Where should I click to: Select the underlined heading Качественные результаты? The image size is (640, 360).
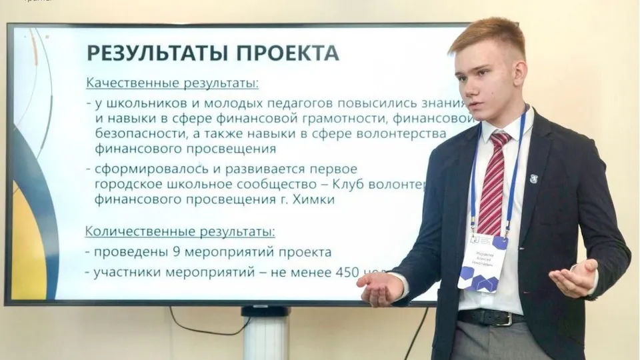172,84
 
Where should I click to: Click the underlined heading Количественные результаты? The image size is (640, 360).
179,232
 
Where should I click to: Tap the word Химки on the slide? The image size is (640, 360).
315,199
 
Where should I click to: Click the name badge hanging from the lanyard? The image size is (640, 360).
483,263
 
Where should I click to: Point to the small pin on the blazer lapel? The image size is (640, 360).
533,179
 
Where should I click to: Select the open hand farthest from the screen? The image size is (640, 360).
573,278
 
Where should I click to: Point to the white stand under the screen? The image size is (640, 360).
265,333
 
